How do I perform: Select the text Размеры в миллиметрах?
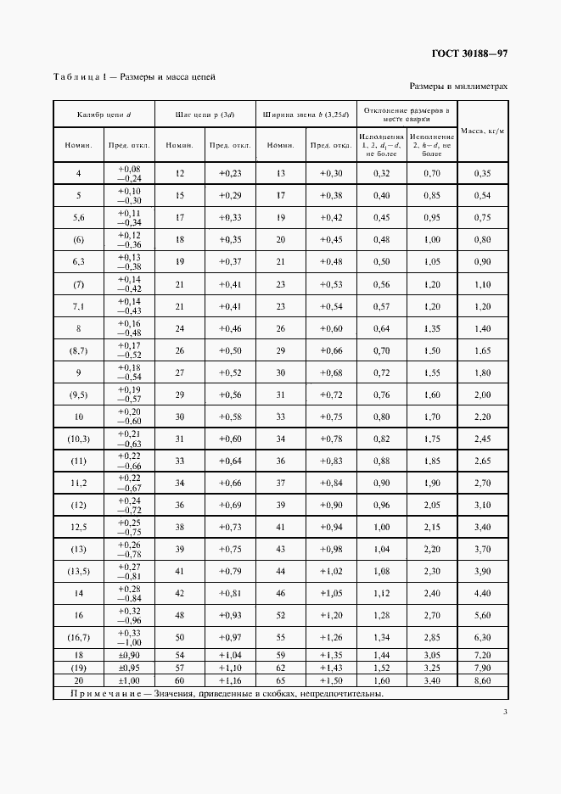[x=458, y=86]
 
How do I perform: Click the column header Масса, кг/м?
[x=483, y=131]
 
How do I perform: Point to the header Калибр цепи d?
[x=104, y=114]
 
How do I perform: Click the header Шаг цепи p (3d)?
[x=204, y=114]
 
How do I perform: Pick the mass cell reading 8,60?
[x=483, y=681]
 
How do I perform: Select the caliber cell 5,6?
[x=79, y=218]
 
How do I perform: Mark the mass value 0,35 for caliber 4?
[x=483, y=174]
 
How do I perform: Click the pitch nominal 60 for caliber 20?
[x=179, y=681]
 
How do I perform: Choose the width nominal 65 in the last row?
[x=280, y=681]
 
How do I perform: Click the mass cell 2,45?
[x=483, y=439]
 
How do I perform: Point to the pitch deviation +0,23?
[x=230, y=174]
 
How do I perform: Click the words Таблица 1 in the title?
[x=78, y=76]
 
